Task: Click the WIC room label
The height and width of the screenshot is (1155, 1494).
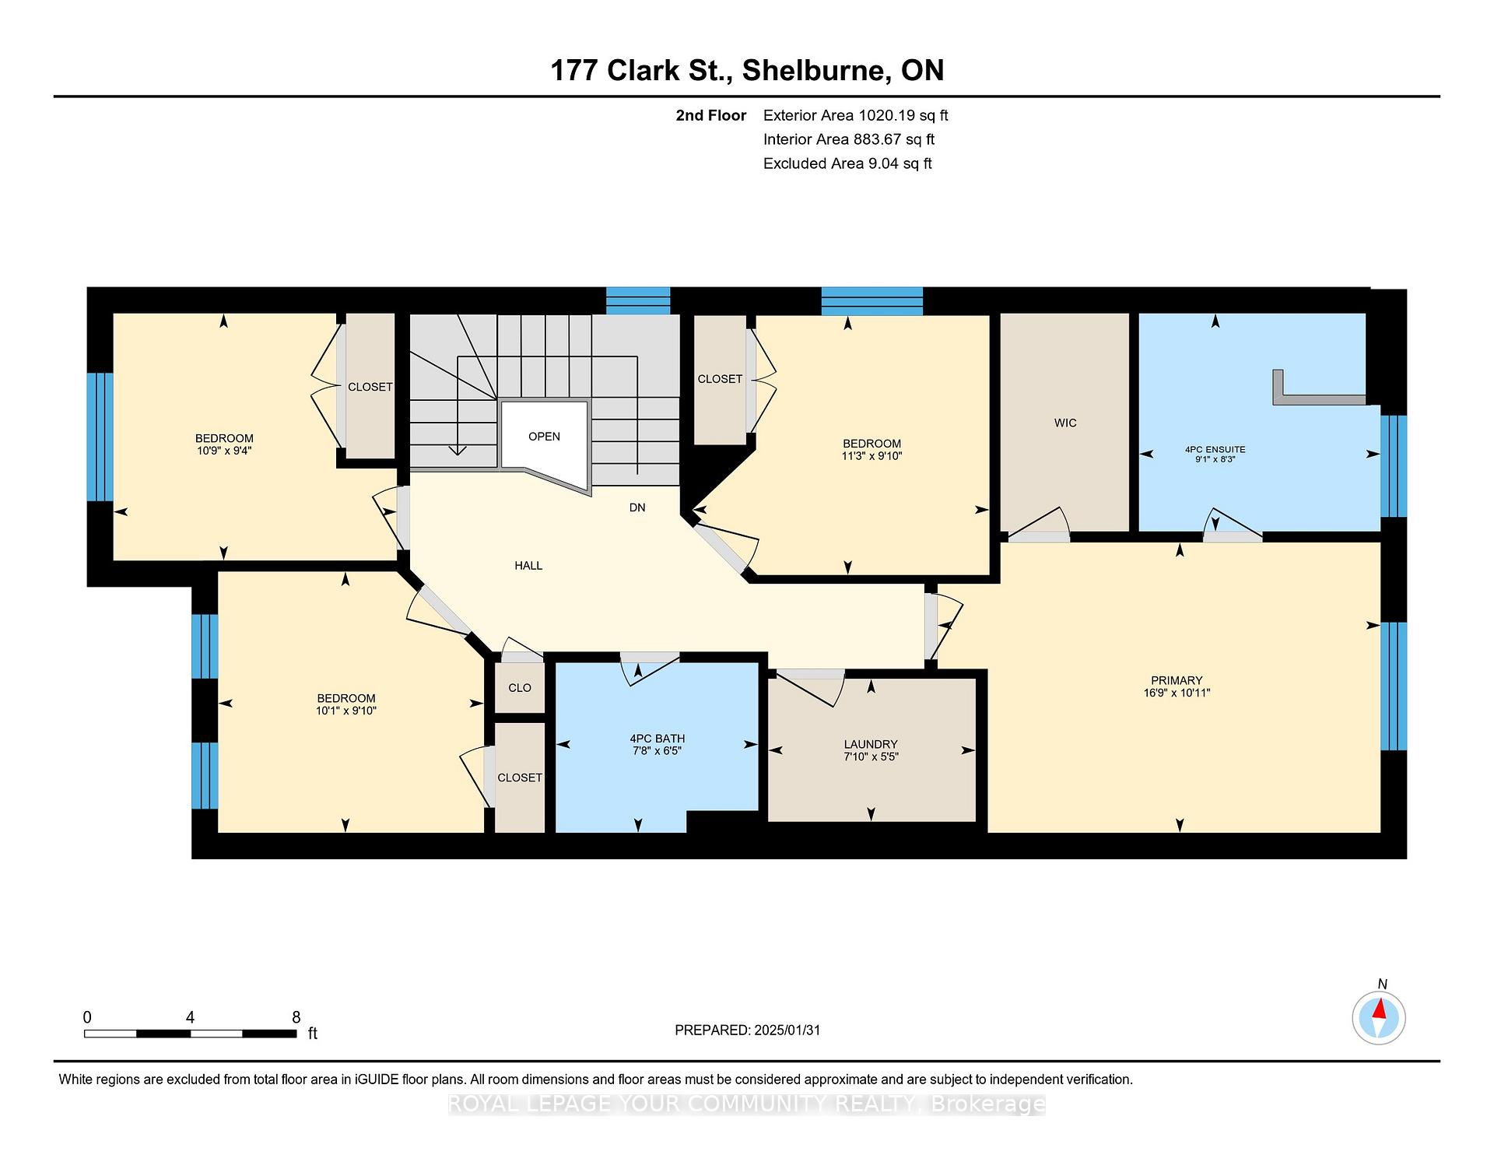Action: (1065, 423)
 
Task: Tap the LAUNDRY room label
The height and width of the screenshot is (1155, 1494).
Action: (871, 744)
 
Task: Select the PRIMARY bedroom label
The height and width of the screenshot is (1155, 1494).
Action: (1177, 680)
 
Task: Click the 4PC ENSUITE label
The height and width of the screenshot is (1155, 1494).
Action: (1215, 449)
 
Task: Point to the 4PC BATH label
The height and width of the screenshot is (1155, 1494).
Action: (658, 739)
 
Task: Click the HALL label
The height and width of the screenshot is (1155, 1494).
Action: (528, 566)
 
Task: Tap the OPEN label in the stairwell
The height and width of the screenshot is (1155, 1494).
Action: (544, 437)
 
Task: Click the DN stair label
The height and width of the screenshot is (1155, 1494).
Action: (637, 507)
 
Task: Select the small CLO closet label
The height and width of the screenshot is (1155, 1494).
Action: (520, 688)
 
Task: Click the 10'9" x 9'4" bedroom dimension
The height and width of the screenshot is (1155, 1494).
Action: (224, 451)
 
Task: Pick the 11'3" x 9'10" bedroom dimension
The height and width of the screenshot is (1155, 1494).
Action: (871, 456)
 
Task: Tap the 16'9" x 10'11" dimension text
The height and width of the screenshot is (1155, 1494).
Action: (1177, 693)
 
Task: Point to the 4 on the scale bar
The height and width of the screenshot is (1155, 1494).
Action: (190, 1017)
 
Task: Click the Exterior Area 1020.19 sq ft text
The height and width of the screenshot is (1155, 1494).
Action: (856, 116)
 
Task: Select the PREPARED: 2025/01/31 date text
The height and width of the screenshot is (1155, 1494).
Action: (748, 1030)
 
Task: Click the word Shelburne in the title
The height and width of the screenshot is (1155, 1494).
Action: (817, 71)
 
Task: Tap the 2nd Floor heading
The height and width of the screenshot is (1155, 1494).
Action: (711, 116)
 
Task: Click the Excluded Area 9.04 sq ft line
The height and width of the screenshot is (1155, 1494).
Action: (847, 163)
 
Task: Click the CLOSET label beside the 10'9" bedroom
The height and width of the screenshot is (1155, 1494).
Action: (370, 387)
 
